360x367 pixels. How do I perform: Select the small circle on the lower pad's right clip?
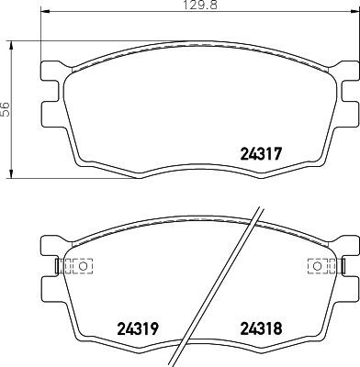317,267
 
